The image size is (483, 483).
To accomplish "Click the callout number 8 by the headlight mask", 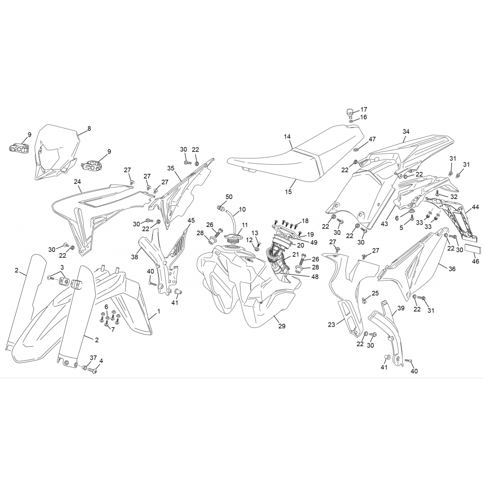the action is (89, 128).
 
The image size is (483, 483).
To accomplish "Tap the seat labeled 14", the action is (296, 158).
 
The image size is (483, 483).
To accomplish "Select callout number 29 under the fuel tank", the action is (282, 326).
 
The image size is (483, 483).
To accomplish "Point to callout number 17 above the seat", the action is (364, 109).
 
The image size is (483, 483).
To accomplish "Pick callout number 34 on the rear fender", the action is (406, 131).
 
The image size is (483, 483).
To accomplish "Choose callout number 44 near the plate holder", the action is (475, 207).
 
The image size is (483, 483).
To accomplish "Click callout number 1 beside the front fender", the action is (158, 312).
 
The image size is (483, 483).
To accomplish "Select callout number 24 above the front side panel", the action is (77, 182).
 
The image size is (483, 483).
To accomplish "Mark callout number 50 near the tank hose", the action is (229, 197).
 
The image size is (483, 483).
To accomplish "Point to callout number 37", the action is (93, 358).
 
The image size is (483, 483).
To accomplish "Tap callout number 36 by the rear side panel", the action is (452, 269).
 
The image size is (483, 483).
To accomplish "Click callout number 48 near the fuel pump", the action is (315, 277).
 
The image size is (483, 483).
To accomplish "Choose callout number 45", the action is (191, 221).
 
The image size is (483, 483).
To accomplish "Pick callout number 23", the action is (331, 325).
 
